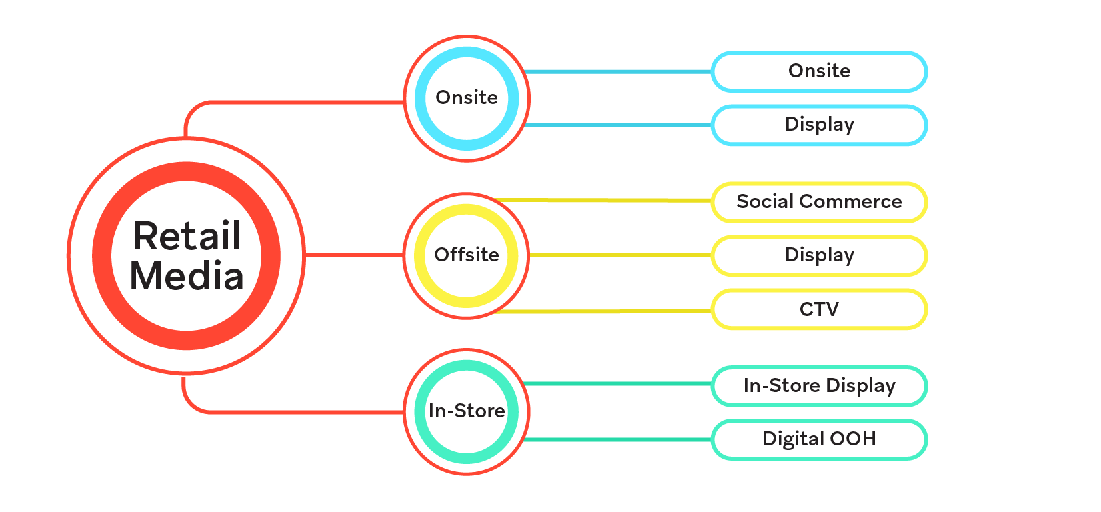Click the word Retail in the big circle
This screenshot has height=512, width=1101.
pyautogui.click(x=187, y=236)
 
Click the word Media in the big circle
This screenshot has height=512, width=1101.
pyautogui.click(x=187, y=276)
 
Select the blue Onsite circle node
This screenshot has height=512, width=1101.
pyautogui.click(x=467, y=98)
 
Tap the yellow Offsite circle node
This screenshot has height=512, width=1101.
pyautogui.click(x=467, y=255)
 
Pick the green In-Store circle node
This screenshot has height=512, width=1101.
pyautogui.click(x=467, y=411)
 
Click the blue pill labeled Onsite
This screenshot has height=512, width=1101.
pyautogui.click(x=819, y=71)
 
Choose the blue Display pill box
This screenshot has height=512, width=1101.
pyautogui.click(x=819, y=125)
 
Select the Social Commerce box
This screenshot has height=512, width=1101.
pyautogui.click(x=819, y=202)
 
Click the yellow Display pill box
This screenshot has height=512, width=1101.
pyautogui.click(x=819, y=255)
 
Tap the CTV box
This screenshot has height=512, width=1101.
pyautogui.click(x=819, y=309)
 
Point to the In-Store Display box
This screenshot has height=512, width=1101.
pyautogui.click(x=819, y=386)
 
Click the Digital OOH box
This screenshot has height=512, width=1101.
pyautogui.click(x=819, y=439)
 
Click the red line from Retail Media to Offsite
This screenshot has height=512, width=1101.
pyautogui.click(x=353, y=255)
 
